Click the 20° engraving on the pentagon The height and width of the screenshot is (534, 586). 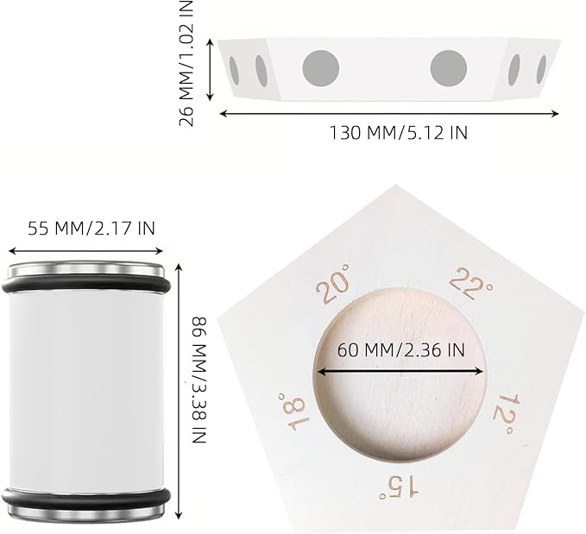coord(332,284)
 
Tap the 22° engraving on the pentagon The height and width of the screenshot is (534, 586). coord(470,284)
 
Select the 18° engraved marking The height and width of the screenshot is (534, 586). coord(293,411)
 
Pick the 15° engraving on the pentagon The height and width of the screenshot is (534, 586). coord(399,487)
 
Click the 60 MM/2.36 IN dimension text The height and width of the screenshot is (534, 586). coord(401,350)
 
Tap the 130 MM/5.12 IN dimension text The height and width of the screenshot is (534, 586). coord(398,132)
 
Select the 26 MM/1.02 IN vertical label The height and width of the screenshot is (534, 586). coord(186,63)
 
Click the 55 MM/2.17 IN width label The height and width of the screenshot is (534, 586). coord(91,229)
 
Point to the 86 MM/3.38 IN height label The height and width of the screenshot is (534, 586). coord(199,380)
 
